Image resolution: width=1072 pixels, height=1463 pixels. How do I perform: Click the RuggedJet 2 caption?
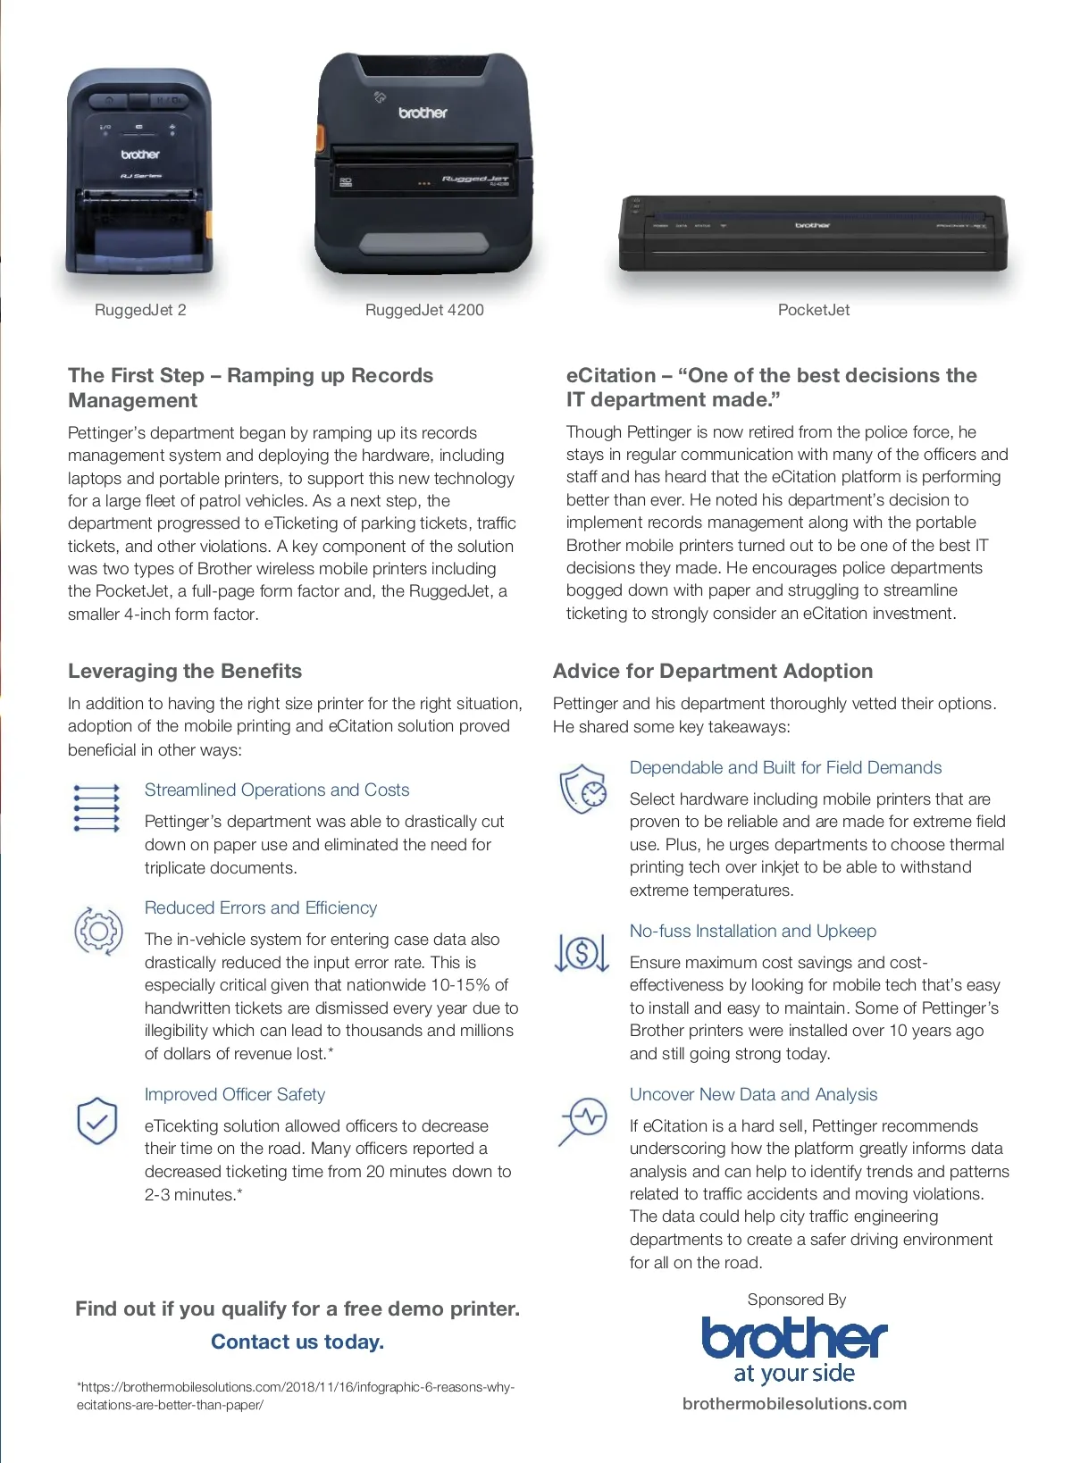140,310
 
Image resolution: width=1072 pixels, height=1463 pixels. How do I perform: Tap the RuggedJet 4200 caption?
424,310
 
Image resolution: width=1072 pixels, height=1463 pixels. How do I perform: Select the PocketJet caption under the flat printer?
813,310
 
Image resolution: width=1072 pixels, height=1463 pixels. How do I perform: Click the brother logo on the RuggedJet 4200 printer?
423,113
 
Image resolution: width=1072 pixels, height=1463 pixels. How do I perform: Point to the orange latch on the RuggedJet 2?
208,223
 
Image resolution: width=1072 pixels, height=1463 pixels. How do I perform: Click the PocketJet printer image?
813,232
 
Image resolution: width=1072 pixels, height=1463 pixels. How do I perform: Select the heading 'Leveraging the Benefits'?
185,671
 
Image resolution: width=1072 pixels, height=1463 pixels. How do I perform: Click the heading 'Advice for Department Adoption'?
713,671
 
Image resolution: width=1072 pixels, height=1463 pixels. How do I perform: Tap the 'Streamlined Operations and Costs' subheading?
277,790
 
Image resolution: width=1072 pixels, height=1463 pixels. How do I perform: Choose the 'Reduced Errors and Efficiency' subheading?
261,907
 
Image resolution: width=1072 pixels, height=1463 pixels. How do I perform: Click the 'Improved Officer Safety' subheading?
235,1094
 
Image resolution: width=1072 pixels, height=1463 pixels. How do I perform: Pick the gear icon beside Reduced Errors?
98,931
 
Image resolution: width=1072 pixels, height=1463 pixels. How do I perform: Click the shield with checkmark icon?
97,1121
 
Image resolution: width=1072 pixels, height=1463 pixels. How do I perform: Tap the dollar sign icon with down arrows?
582,952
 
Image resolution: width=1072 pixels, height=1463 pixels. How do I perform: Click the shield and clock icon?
582,789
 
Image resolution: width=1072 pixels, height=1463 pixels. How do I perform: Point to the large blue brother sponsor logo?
794,1350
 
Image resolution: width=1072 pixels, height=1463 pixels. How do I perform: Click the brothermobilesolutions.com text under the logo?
794,1403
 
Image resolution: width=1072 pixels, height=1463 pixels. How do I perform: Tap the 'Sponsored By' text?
796,1300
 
